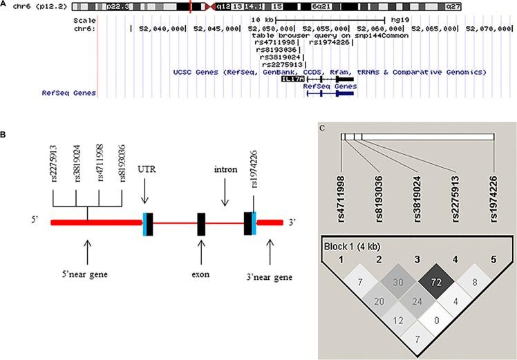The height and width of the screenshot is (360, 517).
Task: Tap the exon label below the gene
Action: click(201, 274)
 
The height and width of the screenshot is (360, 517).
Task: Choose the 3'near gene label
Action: click(270, 278)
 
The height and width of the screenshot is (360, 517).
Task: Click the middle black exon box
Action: click(201, 222)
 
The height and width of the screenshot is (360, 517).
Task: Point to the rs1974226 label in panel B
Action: click(254, 177)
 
